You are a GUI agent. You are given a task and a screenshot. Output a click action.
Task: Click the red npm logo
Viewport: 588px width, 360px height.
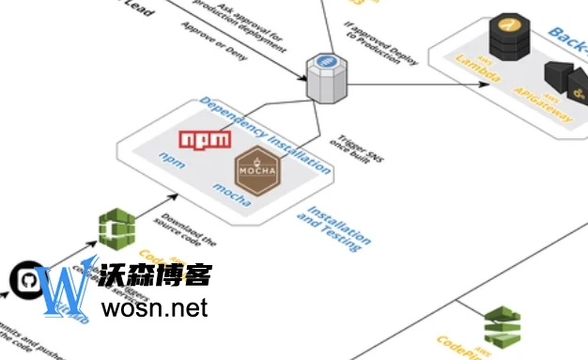coord(205,140)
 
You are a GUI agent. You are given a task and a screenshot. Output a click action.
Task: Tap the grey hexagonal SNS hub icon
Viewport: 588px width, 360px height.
coord(326,77)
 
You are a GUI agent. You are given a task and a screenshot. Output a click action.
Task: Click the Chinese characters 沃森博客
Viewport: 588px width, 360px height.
coord(156,274)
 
